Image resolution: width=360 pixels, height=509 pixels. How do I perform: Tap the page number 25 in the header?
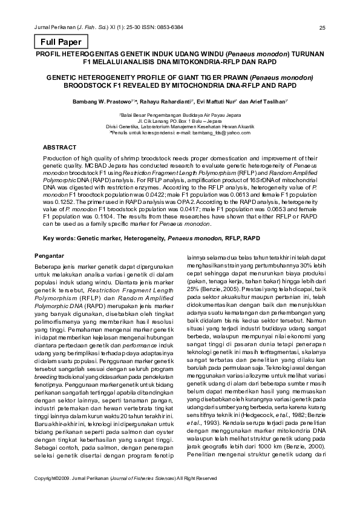click(x=322, y=28)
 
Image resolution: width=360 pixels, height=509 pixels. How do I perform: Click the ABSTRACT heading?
click(x=61, y=148)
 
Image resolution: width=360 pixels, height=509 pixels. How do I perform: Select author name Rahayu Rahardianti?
click(x=170, y=103)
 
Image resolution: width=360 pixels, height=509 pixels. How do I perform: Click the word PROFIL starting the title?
click(x=51, y=53)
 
